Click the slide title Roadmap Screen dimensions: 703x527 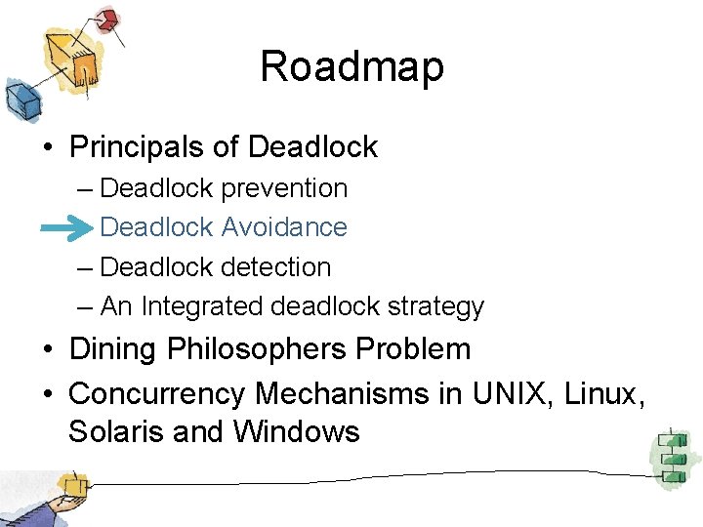pyautogui.click(x=351, y=67)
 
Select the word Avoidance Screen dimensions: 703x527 pyautogui.click(x=284, y=227)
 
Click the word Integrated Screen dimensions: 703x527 pyautogui.click(x=203, y=306)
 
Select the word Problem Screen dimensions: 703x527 pyautogui.click(x=424, y=349)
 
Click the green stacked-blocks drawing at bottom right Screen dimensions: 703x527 pyautogui.click(x=672, y=457)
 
